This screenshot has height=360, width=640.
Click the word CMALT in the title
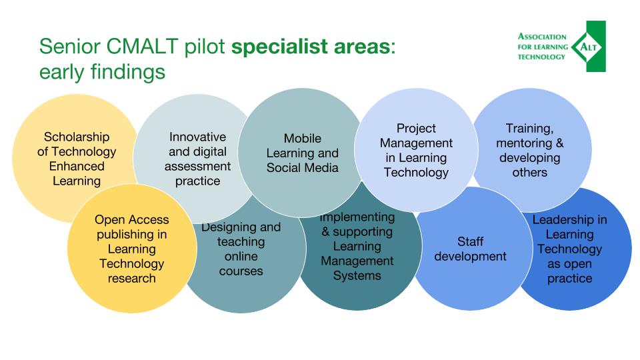(x=142, y=46)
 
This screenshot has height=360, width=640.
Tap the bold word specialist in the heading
(x=279, y=47)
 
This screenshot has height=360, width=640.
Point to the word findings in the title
(x=128, y=72)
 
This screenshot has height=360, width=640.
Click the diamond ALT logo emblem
(x=588, y=47)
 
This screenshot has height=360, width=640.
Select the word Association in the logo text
(x=542, y=37)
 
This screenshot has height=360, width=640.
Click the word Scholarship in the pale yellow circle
(x=77, y=137)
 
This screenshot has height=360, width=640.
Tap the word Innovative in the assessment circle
(x=197, y=137)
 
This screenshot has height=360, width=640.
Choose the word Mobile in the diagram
(x=303, y=139)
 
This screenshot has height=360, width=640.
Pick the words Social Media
(x=303, y=168)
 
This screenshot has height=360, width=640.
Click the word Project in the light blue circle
(x=416, y=129)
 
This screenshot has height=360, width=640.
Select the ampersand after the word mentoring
(x=559, y=143)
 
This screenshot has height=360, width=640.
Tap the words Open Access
(x=132, y=220)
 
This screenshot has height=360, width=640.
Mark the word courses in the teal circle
(x=241, y=271)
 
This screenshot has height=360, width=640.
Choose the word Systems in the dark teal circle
(x=357, y=276)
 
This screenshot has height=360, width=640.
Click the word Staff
(x=470, y=241)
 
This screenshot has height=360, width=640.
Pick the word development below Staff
(x=470, y=257)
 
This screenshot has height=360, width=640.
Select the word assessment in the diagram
(x=197, y=167)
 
